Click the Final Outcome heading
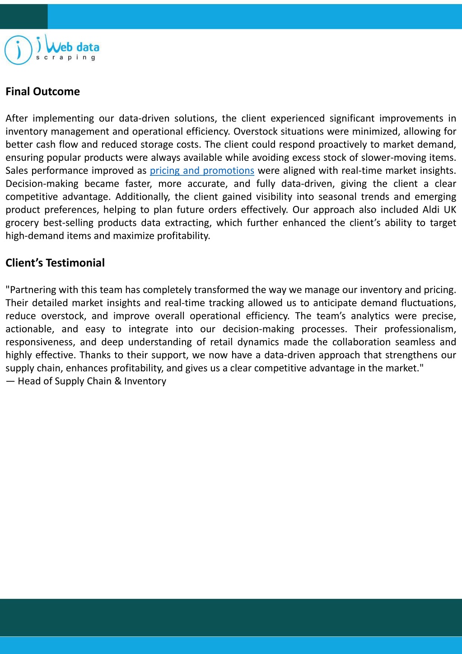42,92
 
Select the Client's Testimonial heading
55,263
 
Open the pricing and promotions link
202,171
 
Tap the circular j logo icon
18,50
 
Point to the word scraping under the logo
66,58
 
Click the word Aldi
432,210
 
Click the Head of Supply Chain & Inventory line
86,381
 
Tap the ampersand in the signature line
118,381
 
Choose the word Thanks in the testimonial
93,355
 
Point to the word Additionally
142,197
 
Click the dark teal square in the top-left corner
23,17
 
